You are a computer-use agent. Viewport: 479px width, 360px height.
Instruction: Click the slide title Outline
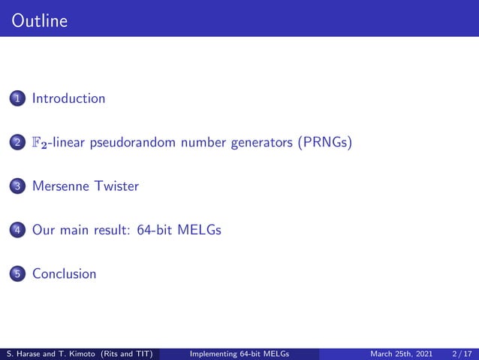[x=40, y=21]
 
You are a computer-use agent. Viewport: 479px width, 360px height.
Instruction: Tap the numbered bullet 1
[x=17, y=98]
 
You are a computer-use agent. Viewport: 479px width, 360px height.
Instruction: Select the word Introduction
[x=68, y=98]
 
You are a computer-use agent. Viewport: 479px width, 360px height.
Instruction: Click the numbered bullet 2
[x=17, y=143]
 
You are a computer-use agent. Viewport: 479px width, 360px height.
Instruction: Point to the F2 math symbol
[x=40, y=143]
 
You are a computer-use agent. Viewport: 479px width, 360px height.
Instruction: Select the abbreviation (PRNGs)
[x=323, y=143]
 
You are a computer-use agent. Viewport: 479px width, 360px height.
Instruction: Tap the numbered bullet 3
[x=17, y=186]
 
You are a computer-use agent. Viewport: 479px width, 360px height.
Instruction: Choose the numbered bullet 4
[x=17, y=230]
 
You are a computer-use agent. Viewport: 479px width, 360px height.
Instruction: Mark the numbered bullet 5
[x=17, y=274]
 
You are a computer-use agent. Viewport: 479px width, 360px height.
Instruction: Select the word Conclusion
[x=65, y=274]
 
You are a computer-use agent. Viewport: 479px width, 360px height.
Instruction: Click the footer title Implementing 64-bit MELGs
[x=240, y=353]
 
